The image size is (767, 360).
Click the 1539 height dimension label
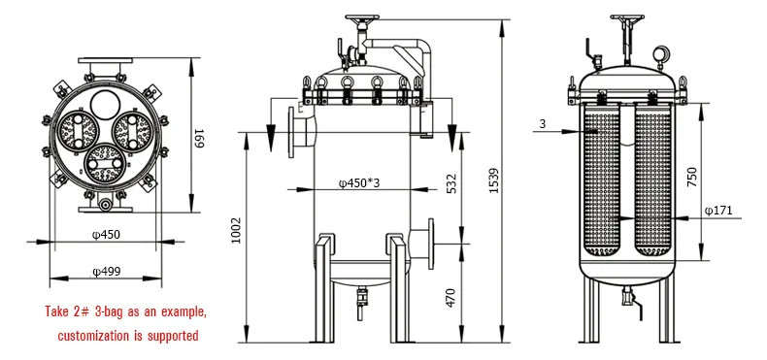[494, 180]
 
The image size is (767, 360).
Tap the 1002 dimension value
[236, 231]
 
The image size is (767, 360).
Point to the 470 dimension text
[450, 298]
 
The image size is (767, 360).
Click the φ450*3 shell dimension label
[359, 183]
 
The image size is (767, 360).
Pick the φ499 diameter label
[106, 271]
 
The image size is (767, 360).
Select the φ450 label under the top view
[106, 234]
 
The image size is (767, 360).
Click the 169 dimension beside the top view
[199, 138]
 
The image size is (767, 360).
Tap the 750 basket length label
[691, 177]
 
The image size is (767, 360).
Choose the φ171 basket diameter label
[718, 211]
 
